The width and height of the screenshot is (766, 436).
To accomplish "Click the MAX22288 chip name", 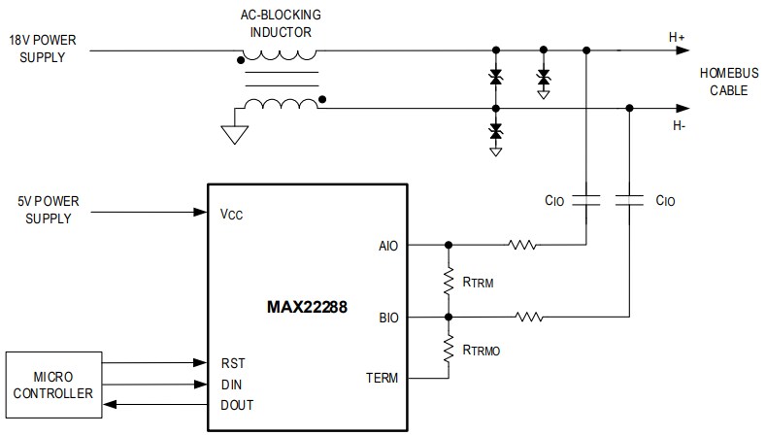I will tap(314, 309).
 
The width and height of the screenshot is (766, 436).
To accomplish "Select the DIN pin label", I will tap(231, 385).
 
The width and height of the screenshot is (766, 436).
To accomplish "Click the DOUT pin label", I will tap(237, 404).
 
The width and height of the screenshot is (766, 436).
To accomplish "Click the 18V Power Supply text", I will tap(46, 49).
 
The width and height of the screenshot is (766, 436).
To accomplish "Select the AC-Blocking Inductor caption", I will tap(281, 23).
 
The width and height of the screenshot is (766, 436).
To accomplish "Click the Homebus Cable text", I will tap(724, 83).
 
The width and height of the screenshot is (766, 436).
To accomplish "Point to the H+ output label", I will tap(677, 37).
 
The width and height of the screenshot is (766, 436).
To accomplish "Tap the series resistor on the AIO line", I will tap(520, 245).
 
